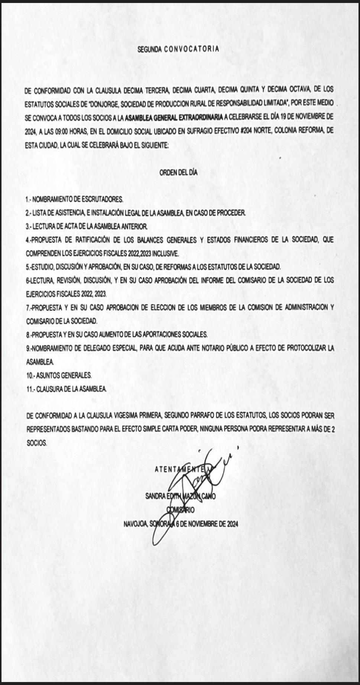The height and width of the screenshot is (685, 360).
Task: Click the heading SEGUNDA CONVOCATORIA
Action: (x=178, y=49)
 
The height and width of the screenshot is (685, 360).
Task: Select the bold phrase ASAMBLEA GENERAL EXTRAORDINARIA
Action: (x=174, y=117)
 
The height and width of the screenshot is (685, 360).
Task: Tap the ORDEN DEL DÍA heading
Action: (x=178, y=172)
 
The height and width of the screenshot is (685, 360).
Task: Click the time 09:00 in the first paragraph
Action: (x=64, y=131)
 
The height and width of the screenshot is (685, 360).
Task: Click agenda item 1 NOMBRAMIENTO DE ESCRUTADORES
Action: (x=74, y=200)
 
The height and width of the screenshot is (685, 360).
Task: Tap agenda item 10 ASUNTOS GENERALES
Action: (x=59, y=375)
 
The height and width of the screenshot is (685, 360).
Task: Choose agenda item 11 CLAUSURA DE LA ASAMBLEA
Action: (x=67, y=389)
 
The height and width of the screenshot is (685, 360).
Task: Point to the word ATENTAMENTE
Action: (x=182, y=469)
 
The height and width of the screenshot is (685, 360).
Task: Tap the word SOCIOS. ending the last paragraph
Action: (x=36, y=443)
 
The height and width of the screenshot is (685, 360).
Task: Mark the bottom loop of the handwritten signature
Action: (x=158, y=535)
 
